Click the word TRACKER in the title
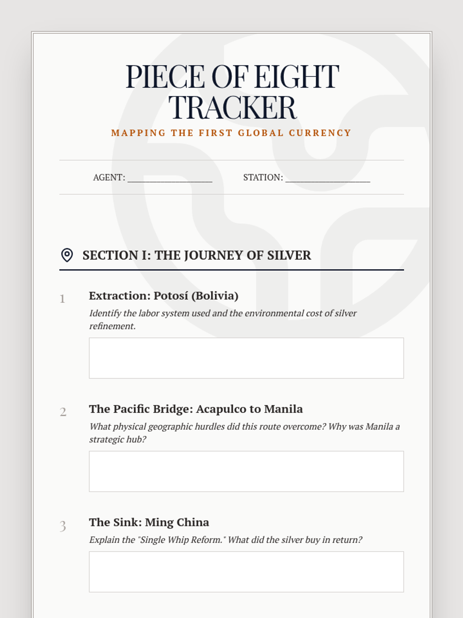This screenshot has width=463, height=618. [232, 107]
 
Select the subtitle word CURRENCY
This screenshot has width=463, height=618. [320, 133]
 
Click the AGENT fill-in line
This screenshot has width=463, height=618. [170, 178]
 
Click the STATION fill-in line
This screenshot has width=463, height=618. [328, 178]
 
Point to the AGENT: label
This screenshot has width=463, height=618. [109, 177]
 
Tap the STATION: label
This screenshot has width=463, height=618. [263, 177]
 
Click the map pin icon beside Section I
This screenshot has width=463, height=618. [67, 255]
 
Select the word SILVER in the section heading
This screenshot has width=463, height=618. [289, 255]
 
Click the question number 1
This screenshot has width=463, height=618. [62, 299]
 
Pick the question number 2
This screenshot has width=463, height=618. [63, 412]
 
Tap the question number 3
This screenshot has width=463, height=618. [63, 526]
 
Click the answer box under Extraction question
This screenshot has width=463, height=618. [246, 358]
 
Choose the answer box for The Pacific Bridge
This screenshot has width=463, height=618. [246, 471]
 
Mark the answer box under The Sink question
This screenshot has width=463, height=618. [246, 572]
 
